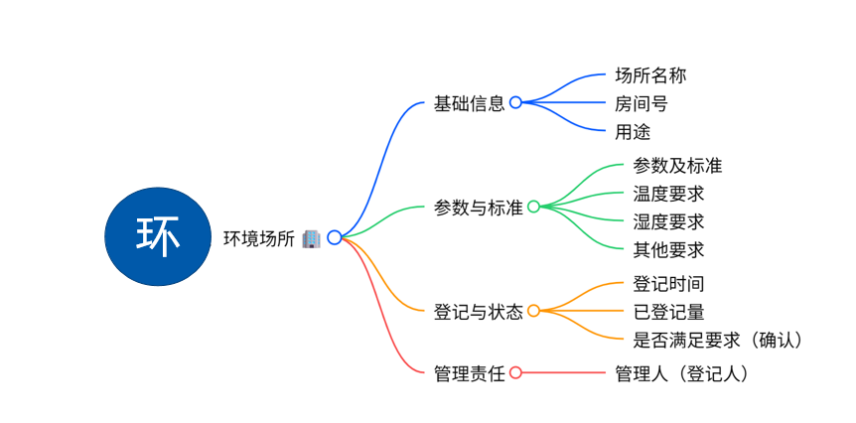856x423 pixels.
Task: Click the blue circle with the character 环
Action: [158, 236]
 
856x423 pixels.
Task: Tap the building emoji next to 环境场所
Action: [310, 237]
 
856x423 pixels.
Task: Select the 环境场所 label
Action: [258, 237]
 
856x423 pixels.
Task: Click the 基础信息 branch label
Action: [469, 102]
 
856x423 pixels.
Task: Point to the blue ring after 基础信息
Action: [515, 102]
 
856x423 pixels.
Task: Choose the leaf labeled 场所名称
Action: [650, 74]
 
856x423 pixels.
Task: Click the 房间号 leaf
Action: [642, 102]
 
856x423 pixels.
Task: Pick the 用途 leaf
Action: [633, 131]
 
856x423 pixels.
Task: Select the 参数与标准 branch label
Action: [478, 208]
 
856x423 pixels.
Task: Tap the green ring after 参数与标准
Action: [533, 207]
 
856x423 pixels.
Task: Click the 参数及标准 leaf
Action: [677, 166]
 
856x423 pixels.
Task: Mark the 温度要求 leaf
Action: [668, 194]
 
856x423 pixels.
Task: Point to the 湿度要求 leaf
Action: [668, 221]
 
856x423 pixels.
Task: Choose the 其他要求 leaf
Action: [668, 249]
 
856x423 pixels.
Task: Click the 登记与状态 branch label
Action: [478, 312]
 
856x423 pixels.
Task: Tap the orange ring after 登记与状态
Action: [533, 311]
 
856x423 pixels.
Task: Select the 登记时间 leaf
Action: [668, 284]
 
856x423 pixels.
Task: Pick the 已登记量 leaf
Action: [668, 312]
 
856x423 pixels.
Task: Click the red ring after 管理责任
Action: [515, 373]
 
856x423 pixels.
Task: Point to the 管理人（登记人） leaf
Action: [681, 373]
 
